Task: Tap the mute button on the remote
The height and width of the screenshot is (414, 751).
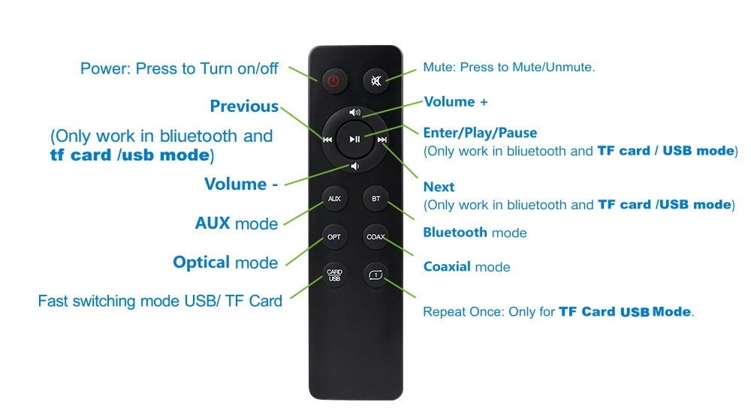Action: coord(376,81)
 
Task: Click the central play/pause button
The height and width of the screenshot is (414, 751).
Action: coord(354,139)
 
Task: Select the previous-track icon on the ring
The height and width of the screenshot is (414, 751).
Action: coord(327,139)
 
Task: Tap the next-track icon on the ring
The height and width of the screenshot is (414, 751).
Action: coord(382,139)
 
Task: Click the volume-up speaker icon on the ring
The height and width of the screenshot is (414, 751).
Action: coord(355,112)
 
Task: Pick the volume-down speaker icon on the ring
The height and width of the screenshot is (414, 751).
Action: coord(355,166)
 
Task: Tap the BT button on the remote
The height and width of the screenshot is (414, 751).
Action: coord(376,199)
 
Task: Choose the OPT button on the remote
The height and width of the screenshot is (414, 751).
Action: coord(334,237)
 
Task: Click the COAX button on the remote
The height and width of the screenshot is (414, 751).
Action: coord(376,237)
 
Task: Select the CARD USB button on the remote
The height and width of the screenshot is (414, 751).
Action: coord(334,275)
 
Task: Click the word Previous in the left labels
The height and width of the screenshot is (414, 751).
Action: coord(244,106)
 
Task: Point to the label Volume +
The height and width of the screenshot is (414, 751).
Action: coord(456,102)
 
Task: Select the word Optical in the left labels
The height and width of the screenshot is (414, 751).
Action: coord(201,262)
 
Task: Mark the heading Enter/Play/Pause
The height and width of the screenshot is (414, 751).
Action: coord(480,133)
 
